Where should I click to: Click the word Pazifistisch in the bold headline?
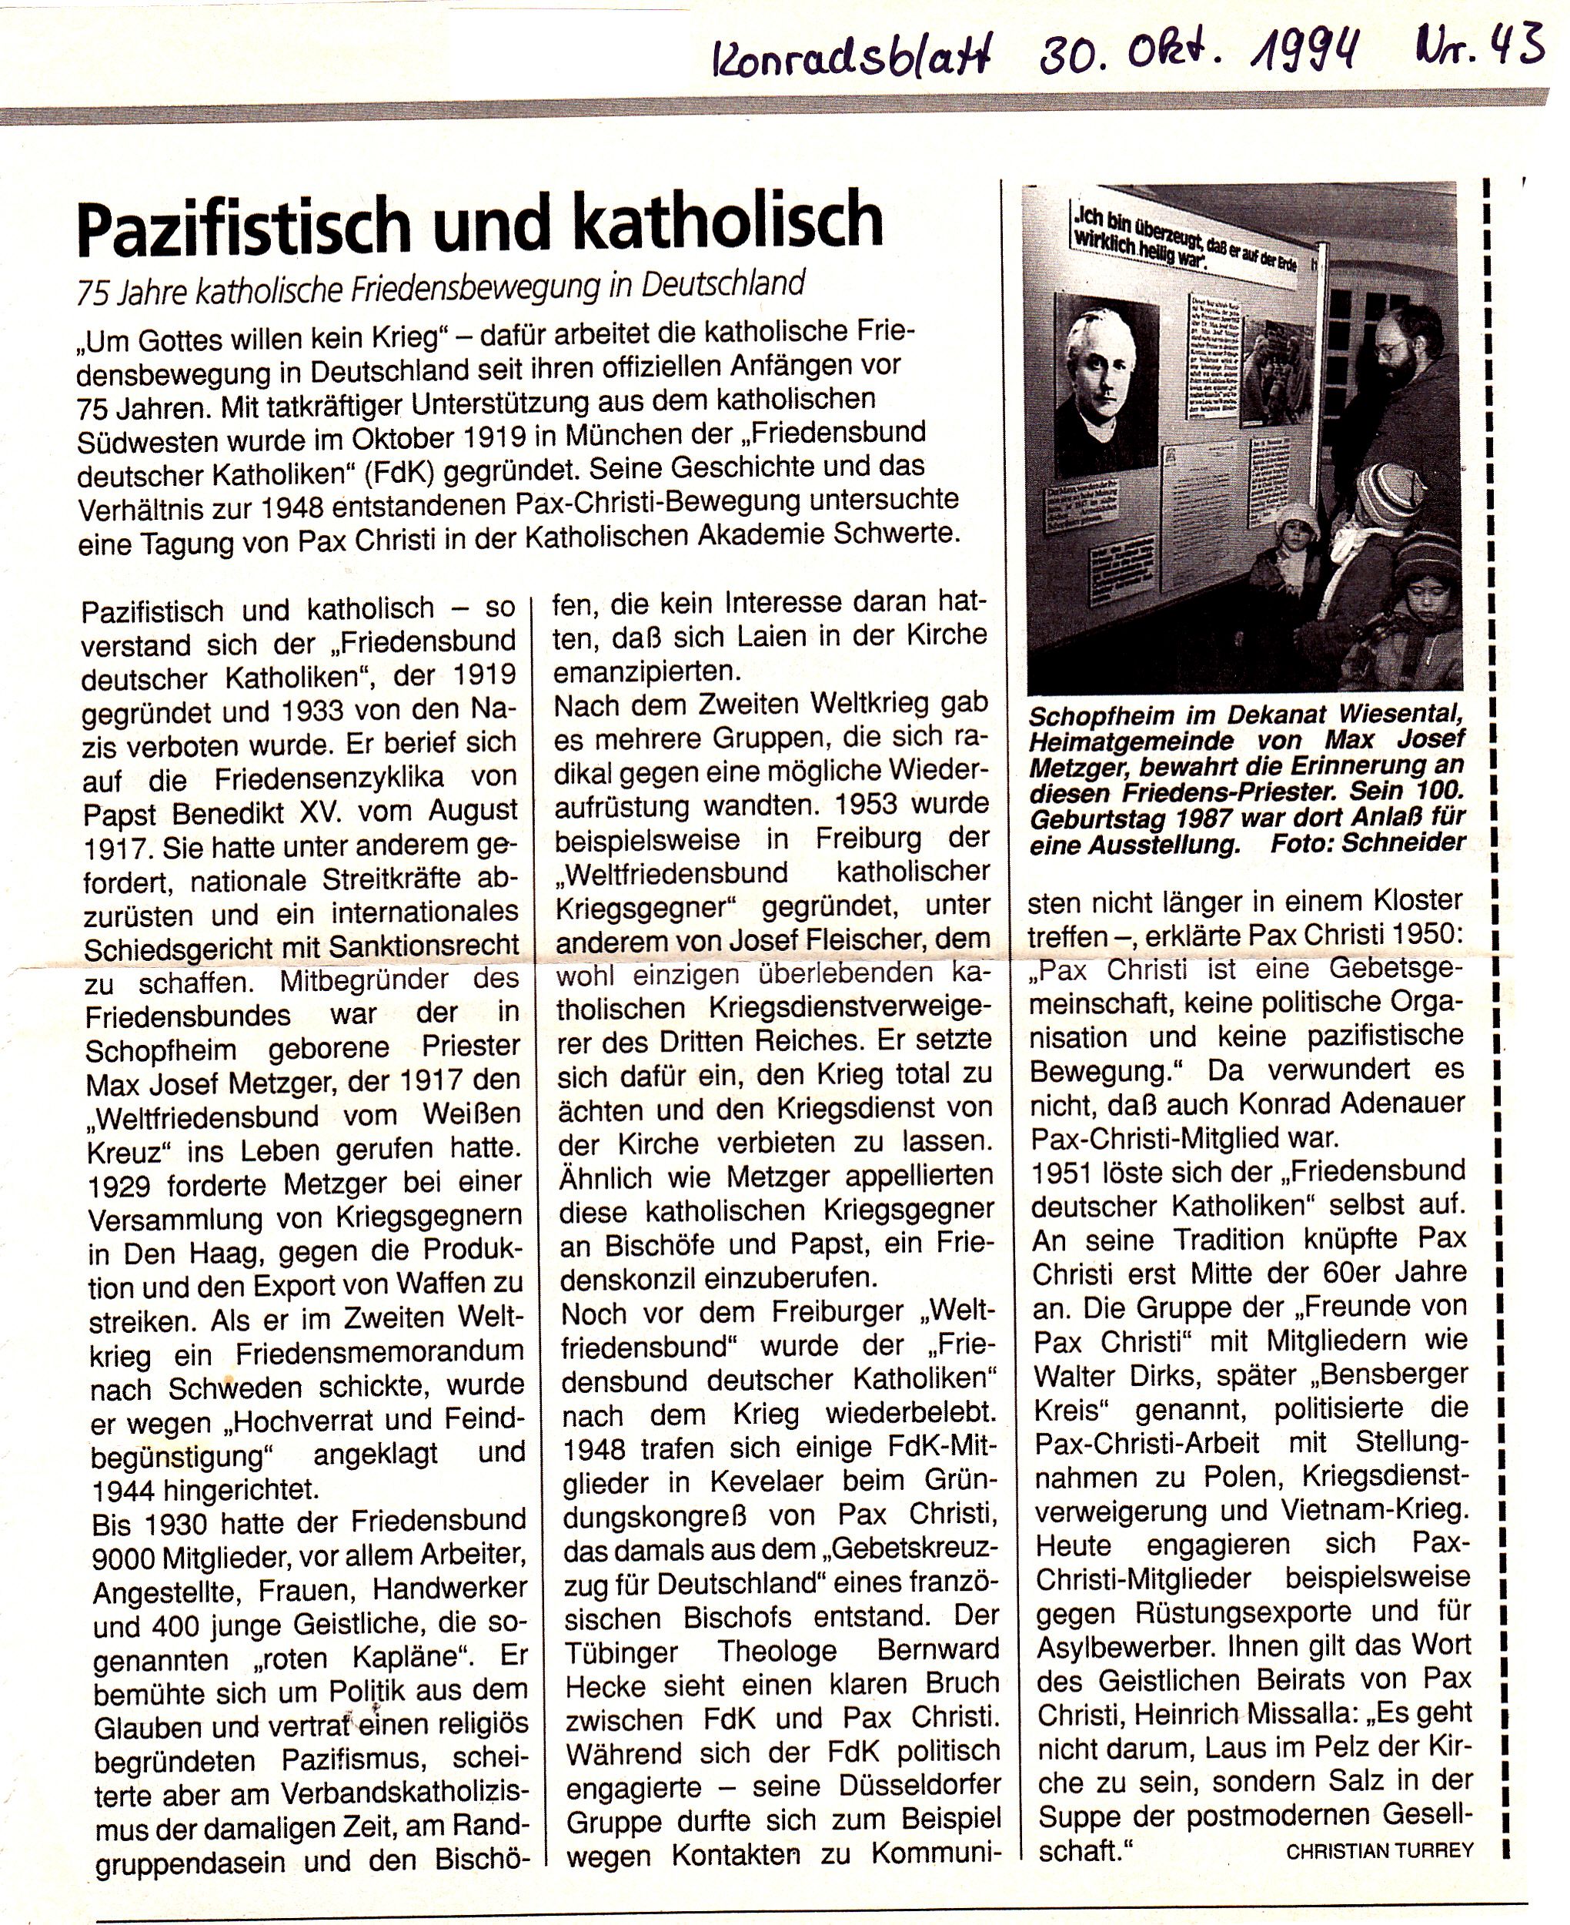click(x=246, y=226)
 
